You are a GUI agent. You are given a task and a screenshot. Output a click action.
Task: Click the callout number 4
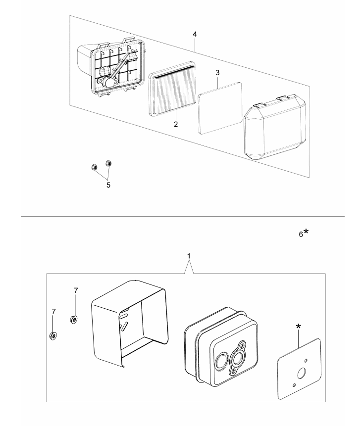click(196, 35)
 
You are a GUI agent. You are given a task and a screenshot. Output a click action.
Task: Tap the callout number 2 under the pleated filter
click(176, 124)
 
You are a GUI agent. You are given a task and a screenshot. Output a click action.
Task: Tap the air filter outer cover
click(270, 128)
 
